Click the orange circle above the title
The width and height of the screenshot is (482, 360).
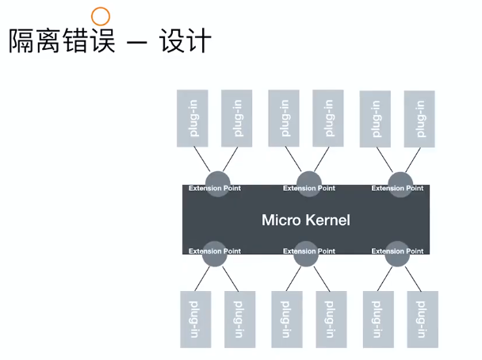pyautogui.click(x=101, y=17)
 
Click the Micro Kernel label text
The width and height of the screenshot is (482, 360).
pyautogui.click(x=306, y=220)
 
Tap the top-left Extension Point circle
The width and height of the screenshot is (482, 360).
pyautogui.click(x=218, y=184)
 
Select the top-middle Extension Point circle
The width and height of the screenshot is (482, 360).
pyautogui.click(x=309, y=184)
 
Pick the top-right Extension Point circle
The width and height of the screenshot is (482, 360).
pyautogui.click(x=400, y=184)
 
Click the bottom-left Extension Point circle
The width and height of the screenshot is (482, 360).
pyautogui.click(x=215, y=254)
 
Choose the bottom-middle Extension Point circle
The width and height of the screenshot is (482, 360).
pyautogui.click(x=306, y=254)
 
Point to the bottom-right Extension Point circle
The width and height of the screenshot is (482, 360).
pyautogui.click(x=397, y=254)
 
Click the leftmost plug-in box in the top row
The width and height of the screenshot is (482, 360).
pyautogui.click(x=193, y=118)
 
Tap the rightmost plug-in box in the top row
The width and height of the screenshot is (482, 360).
pyautogui.click(x=419, y=119)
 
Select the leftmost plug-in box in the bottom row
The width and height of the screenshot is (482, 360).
pyautogui.click(x=196, y=320)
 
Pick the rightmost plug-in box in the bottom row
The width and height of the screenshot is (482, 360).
pyautogui.click(x=423, y=320)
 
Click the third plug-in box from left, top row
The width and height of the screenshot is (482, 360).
pyautogui.click(x=284, y=118)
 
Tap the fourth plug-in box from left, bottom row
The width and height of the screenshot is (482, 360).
pyautogui.click(x=331, y=320)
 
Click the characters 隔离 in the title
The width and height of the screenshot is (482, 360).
pyautogui.click(x=34, y=40)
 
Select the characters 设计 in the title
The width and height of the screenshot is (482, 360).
pyautogui.click(x=185, y=40)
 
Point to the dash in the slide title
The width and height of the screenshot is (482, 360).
pyautogui.click(x=137, y=41)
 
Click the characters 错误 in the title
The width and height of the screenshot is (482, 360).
pyautogui.click(x=89, y=40)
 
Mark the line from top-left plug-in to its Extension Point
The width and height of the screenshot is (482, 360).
pyautogui.click(x=202, y=159)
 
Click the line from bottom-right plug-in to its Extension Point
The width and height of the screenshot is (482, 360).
pyautogui.click(x=413, y=279)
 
